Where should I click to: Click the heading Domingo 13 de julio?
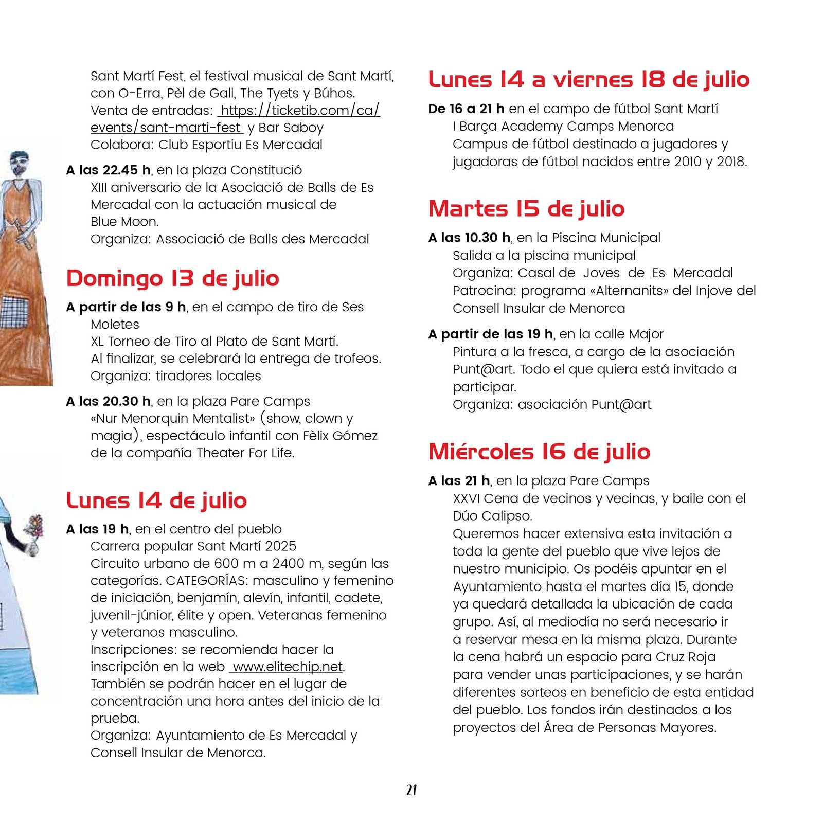[x=172, y=279]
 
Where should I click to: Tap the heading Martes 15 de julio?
[x=526, y=209]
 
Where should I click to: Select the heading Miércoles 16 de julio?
[x=539, y=452]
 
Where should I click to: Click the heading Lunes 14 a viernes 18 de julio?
[x=589, y=80]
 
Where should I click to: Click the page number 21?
[x=411, y=790]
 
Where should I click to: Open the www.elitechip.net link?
[x=288, y=667]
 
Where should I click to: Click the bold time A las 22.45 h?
[x=109, y=170]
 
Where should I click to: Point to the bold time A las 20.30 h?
[x=109, y=401]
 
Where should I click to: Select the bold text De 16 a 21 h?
[x=466, y=109]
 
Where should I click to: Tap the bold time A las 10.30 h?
[x=469, y=238]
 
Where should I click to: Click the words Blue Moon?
[x=124, y=222]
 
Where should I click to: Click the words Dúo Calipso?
[x=492, y=516]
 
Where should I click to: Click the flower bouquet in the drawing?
[x=34, y=527]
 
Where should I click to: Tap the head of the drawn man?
[x=19, y=163]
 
